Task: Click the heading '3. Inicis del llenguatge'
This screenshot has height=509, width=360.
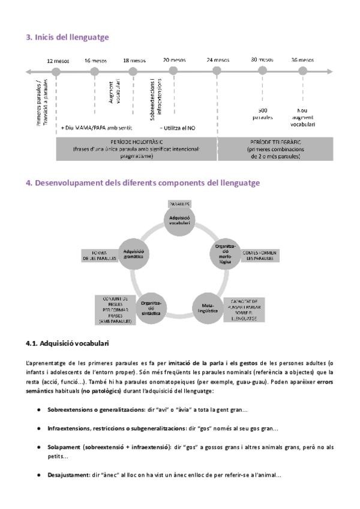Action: (x=67, y=37)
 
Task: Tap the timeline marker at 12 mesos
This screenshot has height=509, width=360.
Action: (x=56, y=71)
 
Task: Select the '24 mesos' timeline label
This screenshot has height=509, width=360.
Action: (x=217, y=60)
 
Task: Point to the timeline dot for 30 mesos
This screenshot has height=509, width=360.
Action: (x=262, y=71)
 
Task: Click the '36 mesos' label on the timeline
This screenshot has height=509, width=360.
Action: (x=302, y=60)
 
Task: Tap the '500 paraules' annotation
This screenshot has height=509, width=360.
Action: (x=262, y=114)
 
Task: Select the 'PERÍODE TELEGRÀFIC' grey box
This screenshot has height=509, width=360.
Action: (x=275, y=148)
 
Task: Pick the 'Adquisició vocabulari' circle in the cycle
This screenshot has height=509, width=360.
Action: (x=180, y=220)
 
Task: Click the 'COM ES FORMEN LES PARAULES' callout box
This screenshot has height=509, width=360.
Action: (x=259, y=256)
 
